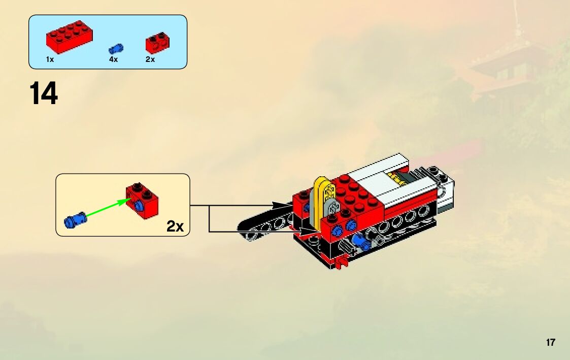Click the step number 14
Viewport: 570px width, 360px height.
click(x=44, y=93)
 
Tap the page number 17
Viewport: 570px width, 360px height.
click(x=551, y=342)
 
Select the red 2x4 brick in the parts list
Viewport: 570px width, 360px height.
click(x=69, y=37)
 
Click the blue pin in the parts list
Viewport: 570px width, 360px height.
click(x=116, y=49)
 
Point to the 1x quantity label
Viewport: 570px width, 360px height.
click(x=50, y=59)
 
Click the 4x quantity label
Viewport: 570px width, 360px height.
click(x=113, y=59)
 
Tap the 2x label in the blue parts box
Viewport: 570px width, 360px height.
click(x=150, y=59)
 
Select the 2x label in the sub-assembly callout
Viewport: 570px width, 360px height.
click(x=175, y=226)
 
